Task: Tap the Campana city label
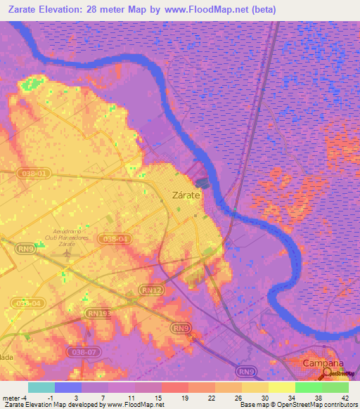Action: pos(323,363)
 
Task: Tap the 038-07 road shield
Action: pos(82,351)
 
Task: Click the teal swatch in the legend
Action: pos(41,387)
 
